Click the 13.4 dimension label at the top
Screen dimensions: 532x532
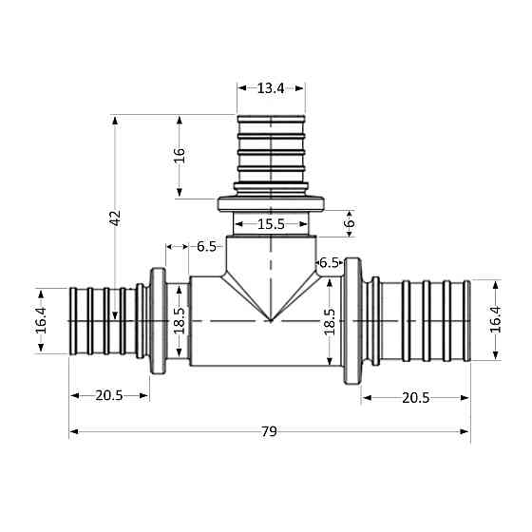pos(271,88)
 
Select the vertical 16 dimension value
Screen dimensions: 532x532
pos(180,157)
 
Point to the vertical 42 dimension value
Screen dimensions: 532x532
pos(115,218)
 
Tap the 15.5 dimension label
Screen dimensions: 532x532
pos(271,224)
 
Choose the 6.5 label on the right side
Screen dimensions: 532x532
pos(330,261)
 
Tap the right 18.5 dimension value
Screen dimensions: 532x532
pos(330,323)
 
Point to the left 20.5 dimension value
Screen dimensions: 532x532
pos(108,396)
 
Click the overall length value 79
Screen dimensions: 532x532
pos(269,432)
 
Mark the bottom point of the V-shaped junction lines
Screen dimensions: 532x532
pos(271,321)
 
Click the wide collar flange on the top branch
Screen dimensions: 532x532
pos(272,202)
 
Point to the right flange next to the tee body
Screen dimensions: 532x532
pos(353,319)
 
